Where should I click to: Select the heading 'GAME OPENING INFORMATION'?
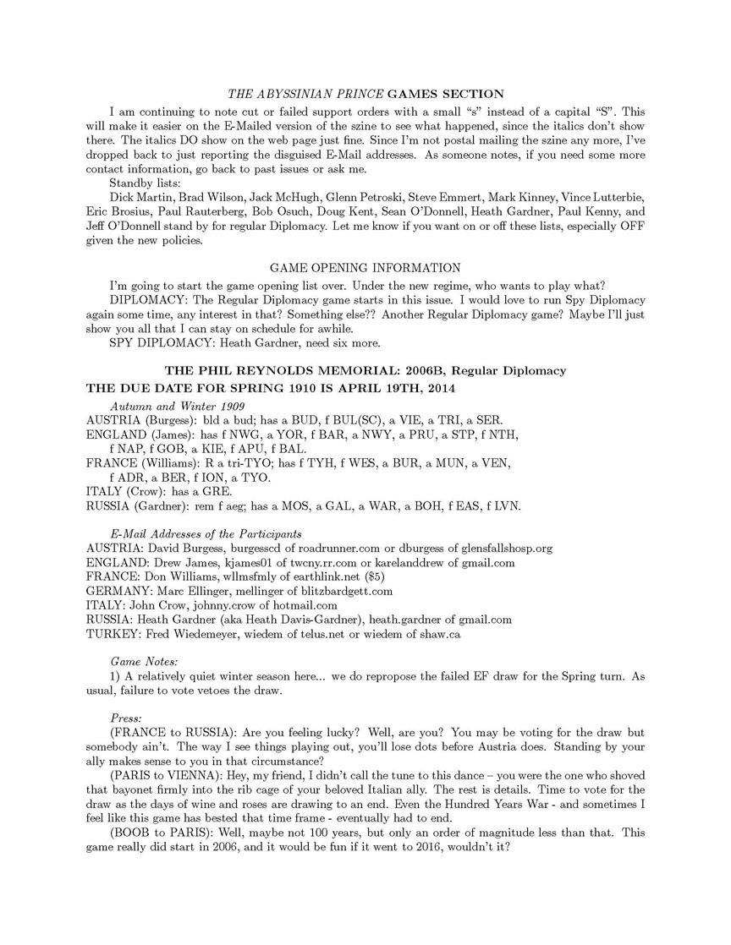[365, 268]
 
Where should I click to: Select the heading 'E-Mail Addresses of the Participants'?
[206, 533]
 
